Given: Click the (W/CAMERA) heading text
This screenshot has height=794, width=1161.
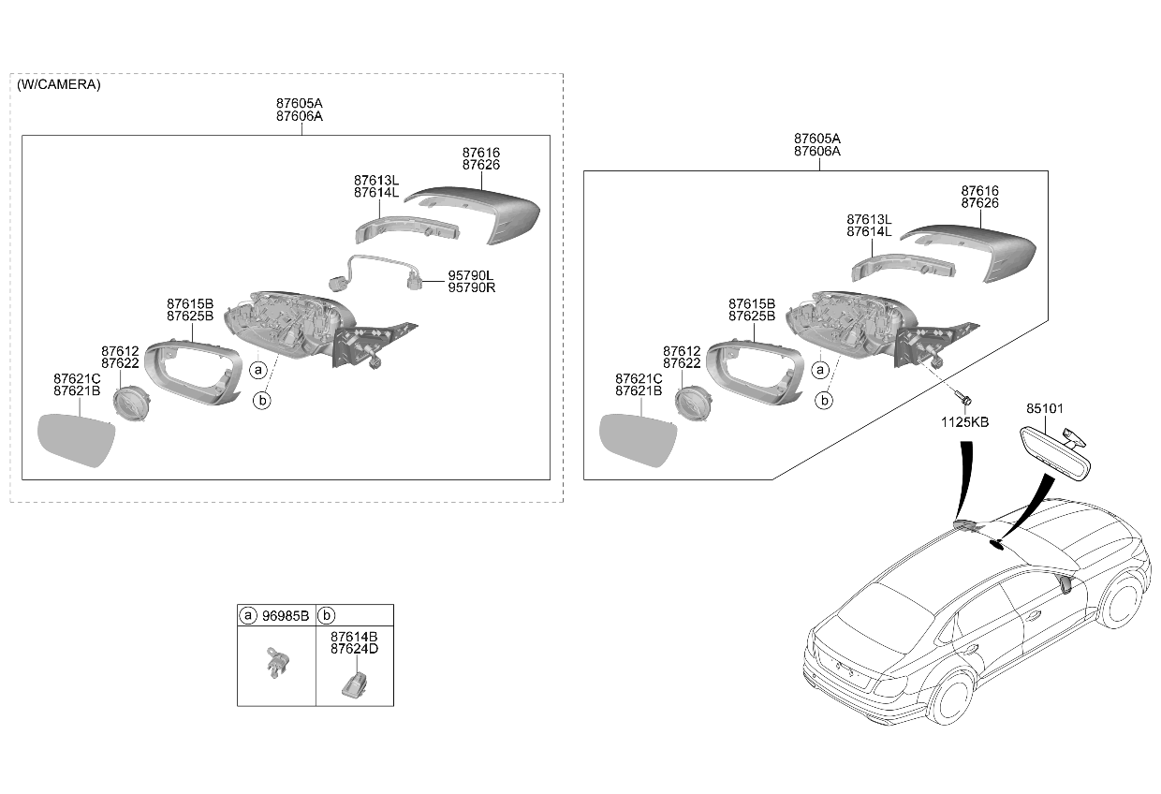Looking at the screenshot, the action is click(59, 84).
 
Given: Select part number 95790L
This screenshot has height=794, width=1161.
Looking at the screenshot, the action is click(471, 275).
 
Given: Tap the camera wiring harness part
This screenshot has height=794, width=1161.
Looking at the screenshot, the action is click(375, 272).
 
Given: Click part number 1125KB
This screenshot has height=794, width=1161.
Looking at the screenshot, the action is click(964, 422).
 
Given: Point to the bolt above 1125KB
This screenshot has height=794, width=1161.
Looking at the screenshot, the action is click(964, 400).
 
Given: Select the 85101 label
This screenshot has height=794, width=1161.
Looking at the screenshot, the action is click(1044, 408).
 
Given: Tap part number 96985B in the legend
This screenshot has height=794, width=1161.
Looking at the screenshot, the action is click(285, 616).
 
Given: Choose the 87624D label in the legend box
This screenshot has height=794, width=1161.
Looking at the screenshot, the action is click(355, 649).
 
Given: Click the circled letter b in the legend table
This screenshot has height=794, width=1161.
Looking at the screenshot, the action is click(327, 615).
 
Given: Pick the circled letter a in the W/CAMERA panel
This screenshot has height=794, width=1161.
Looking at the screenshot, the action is click(258, 370).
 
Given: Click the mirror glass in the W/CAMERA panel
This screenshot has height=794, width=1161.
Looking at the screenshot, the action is click(76, 439).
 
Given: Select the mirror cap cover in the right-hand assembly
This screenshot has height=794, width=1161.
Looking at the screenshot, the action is click(971, 253).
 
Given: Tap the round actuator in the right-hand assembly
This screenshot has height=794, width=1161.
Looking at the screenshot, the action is click(693, 403).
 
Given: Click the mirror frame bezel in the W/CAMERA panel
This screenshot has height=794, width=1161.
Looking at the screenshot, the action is click(193, 371).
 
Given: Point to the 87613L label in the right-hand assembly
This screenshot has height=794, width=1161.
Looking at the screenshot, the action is click(869, 219).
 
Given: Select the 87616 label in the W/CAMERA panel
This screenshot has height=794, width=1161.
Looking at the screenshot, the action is click(481, 153).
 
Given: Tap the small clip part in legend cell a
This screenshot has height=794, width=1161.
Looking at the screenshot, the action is click(277, 662).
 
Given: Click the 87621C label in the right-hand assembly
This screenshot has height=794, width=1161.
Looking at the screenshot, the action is click(639, 379).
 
